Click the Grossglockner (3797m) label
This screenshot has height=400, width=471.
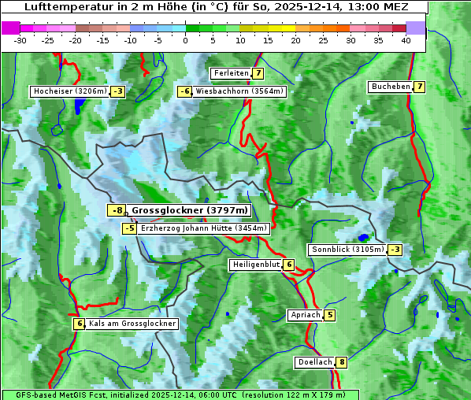tap(189, 210)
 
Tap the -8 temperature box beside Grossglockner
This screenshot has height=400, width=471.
tap(117, 210)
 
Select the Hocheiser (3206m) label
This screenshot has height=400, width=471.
tap(69, 91)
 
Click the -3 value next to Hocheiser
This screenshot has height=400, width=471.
tap(117, 91)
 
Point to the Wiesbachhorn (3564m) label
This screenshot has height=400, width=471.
tap(239, 91)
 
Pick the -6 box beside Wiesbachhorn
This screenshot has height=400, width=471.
tap(185, 91)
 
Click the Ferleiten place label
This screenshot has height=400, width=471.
tap(231, 73)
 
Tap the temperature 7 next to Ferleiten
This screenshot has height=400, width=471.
tap(258, 73)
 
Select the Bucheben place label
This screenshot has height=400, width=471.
tap(391, 86)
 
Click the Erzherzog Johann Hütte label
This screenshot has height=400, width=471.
tap(204, 228)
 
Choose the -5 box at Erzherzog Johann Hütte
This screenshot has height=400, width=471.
tap(129, 228)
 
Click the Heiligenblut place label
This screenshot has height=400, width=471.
tap(255, 265)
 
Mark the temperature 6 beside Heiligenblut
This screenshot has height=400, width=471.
tap(289, 265)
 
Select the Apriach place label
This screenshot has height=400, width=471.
tap(305, 315)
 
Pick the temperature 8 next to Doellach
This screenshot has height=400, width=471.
tap(341, 362)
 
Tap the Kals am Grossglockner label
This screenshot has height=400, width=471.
tap(132, 324)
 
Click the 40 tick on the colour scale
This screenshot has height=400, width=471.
tap(406, 39)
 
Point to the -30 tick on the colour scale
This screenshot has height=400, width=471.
tap(20, 39)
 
